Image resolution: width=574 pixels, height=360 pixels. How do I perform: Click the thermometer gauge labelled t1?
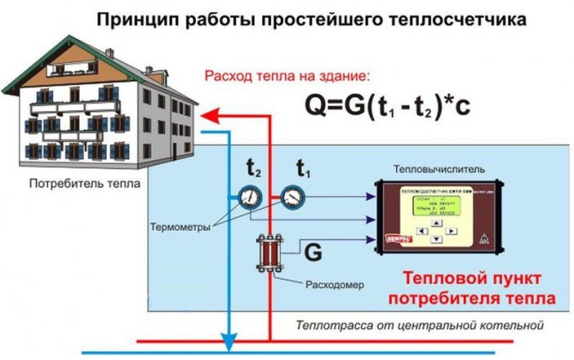coord(291,196)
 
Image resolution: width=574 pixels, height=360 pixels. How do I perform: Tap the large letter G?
coord(314,252)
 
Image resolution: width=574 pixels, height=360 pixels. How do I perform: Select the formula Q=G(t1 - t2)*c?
coord(399,106)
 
